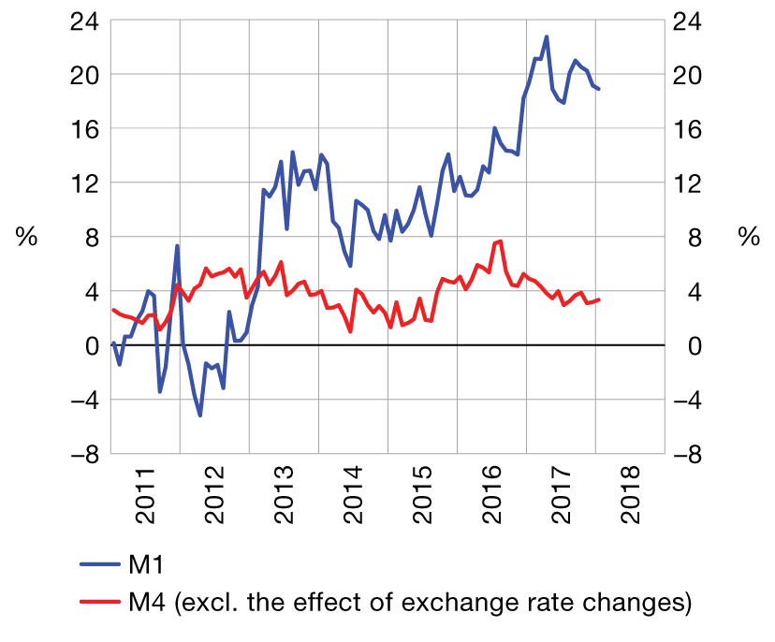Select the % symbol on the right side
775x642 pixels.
pyautogui.click(x=749, y=238)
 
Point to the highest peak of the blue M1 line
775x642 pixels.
pyautogui.click(x=547, y=36)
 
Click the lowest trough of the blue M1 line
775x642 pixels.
pyautogui.click(x=200, y=415)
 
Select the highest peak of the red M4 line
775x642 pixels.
pyautogui.click(x=501, y=241)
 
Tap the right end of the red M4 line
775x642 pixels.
pyautogui.click(x=599, y=299)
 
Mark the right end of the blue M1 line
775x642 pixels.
pyautogui.click(x=599, y=89)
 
